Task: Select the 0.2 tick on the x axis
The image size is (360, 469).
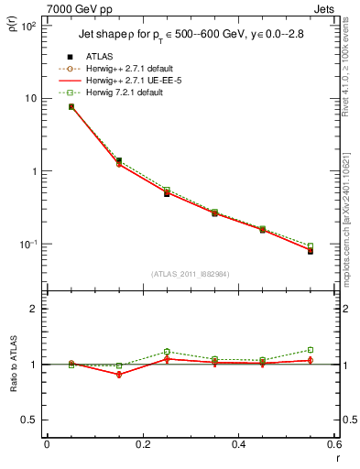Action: (x=142, y=445)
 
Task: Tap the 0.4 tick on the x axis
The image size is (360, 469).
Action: (x=238, y=445)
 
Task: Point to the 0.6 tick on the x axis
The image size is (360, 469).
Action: (x=333, y=445)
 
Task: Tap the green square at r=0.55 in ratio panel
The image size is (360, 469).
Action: (x=311, y=350)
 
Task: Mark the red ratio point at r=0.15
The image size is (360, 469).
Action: (x=119, y=375)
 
